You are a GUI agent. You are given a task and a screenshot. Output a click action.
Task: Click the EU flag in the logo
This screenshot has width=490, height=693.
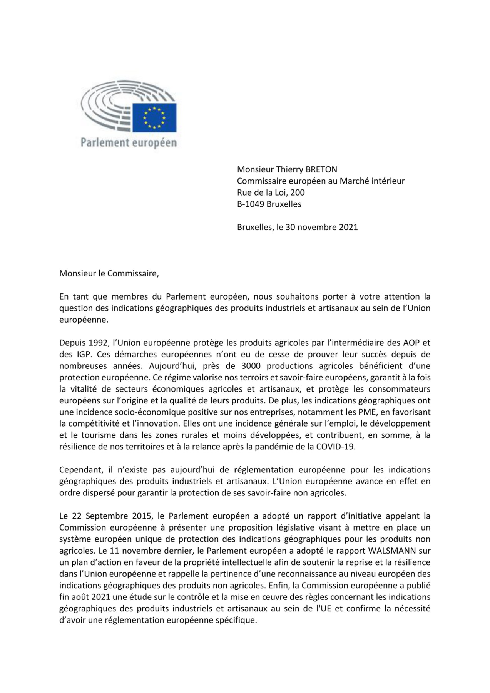(x=154, y=117)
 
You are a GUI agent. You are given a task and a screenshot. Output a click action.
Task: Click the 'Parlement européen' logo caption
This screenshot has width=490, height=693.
(x=129, y=143)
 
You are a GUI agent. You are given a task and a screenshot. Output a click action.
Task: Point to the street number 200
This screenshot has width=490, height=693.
(x=298, y=192)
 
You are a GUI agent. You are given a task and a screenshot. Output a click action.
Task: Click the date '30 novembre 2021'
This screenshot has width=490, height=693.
(x=322, y=227)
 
